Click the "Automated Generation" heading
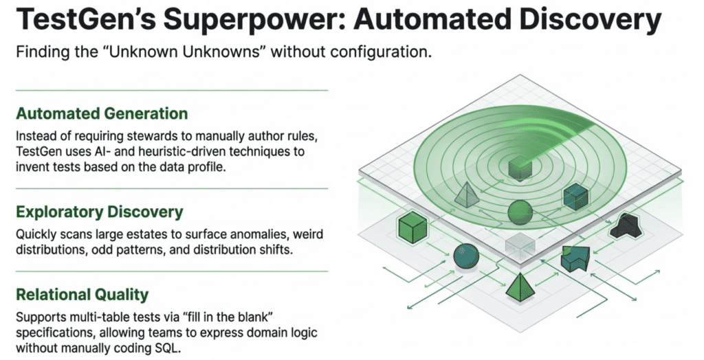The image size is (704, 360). tap(101, 113)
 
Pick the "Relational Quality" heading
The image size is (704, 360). tap(82, 295)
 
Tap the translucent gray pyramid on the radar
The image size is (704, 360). tap(466, 194)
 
